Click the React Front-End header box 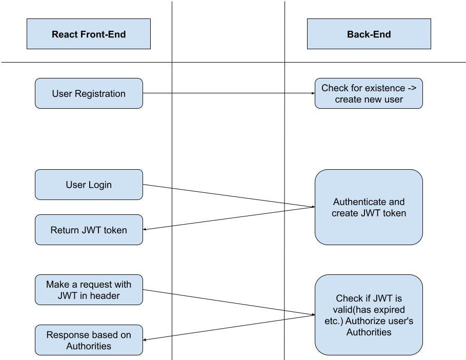point(89,34)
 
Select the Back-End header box point(369,34)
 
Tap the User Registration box point(89,93)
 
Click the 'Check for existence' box point(369,93)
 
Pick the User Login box point(89,185)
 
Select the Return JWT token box point(89,230)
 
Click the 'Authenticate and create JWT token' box point(369,207)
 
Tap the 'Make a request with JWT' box point(89,290)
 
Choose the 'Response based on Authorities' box point(89,340)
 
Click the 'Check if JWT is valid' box point(369,315)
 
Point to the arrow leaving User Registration point(228,93)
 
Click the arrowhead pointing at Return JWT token point(146,230)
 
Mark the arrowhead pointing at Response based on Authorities point(146,339)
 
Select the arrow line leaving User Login point(228,196)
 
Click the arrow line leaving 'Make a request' point(228,303)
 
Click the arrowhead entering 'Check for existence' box point(312,93)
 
